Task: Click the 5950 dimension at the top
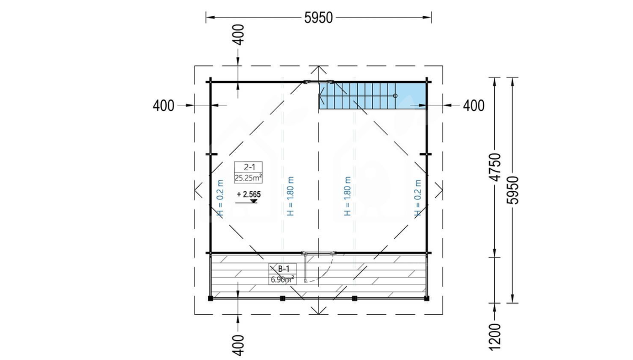(x=319, y=18)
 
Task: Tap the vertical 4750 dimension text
(x=495, y=167)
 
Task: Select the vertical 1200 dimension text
(x=495, y=337)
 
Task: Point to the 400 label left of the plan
(x=164, y=106)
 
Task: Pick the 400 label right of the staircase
(x=474, y=106)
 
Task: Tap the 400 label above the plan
(x=239, y=35)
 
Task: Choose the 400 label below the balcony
(x=239, y=346)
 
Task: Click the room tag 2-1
(x=249, y=168)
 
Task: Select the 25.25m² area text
(x=248, y=178)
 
